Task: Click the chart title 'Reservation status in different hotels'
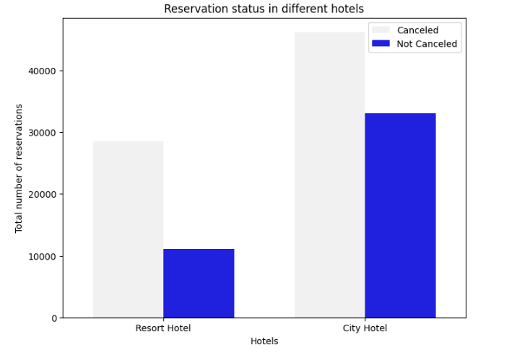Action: (264, 9)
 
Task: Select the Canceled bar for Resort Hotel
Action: (128, 229)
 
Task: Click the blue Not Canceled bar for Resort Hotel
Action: (199, 283)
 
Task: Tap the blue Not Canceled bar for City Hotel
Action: (400, 215)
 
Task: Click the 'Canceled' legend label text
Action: (417, 30)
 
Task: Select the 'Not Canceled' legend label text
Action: (427, 44)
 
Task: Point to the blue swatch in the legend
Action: (381, 44)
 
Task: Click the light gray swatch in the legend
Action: (381, 30)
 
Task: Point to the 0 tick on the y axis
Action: (53, 318)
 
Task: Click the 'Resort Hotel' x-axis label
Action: (163, 328)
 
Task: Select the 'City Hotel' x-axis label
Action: (365, 328)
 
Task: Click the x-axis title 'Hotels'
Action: (264, 341)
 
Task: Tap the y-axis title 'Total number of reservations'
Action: (19, 168)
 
